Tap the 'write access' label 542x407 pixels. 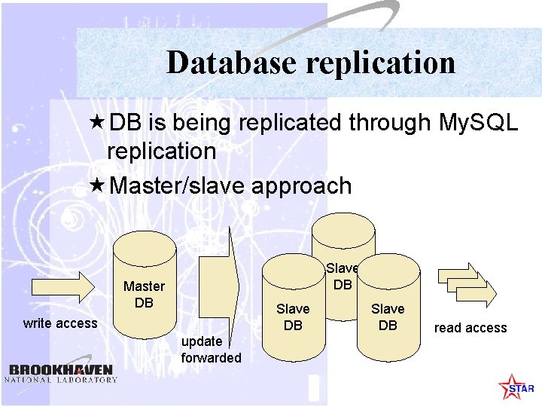60,323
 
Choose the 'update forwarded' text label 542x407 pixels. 211,350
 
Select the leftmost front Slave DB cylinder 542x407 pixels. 293,309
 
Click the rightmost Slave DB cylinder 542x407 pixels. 388,309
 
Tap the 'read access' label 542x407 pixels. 470,328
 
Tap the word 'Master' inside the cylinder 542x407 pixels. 144,286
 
